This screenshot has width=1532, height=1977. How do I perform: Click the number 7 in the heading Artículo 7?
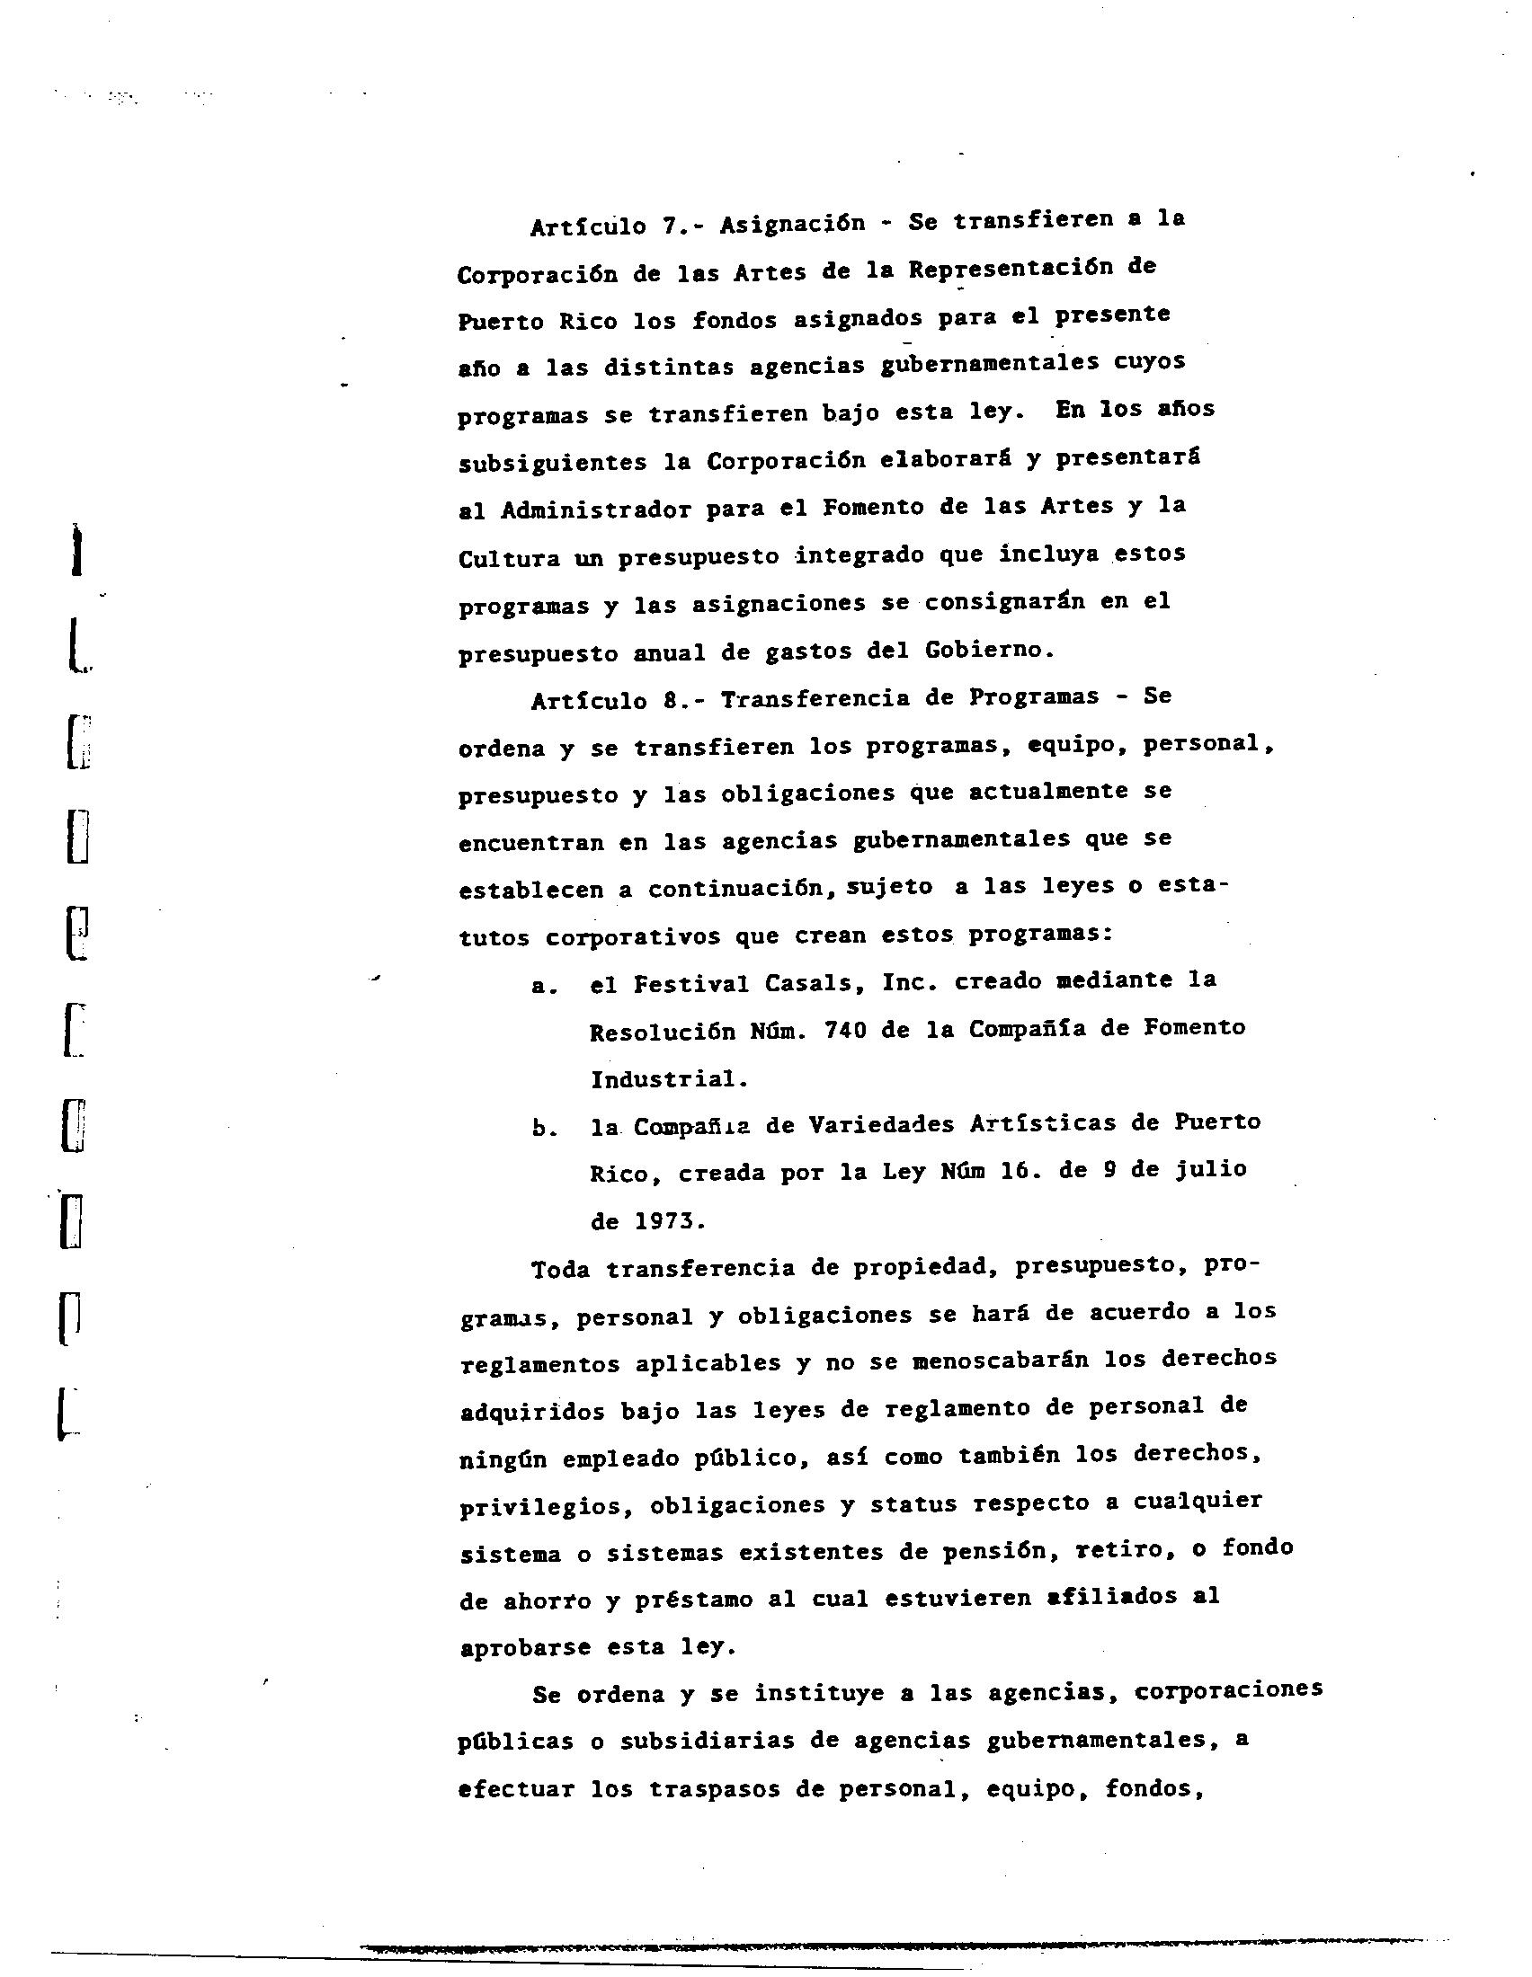[x=670, y=225]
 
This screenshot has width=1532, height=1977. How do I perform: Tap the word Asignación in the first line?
[x=792, y=223]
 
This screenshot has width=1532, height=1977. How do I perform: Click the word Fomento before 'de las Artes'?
[x=872, y=507]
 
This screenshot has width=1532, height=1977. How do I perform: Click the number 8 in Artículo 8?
[x=670, y=700]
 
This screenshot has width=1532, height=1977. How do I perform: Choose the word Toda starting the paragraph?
[x=560, y=1270]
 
